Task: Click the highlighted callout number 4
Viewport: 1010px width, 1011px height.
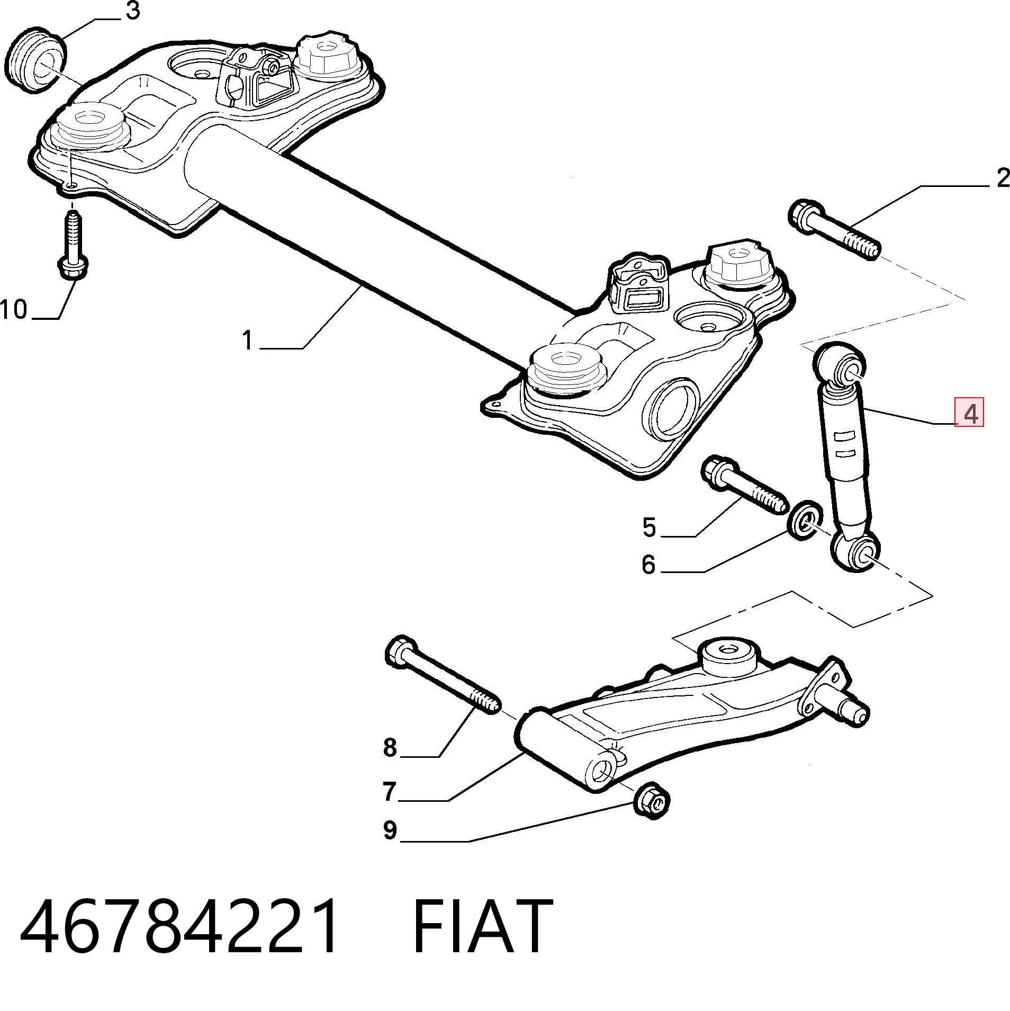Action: click(x=970, y=413)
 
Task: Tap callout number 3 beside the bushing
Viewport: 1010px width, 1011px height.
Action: click(x=132, y=11)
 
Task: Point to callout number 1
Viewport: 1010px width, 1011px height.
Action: click(x=247, y=340)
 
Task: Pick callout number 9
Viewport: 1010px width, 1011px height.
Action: click(x=390, y=830)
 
